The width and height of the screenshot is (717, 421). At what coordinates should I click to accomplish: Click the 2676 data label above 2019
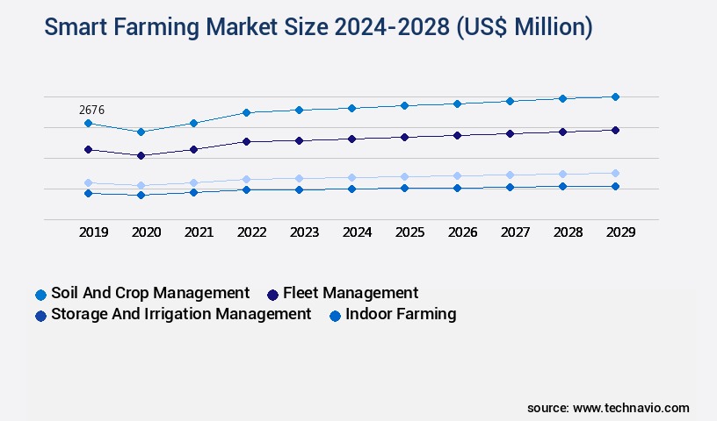92,110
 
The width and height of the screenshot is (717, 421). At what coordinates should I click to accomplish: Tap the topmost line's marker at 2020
141,132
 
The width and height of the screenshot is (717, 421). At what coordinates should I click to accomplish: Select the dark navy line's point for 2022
246,141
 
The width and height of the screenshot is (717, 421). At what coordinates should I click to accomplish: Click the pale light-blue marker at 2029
615,173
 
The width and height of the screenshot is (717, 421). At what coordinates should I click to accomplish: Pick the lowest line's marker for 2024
351,189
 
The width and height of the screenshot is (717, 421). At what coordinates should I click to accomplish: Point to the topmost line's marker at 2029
615,96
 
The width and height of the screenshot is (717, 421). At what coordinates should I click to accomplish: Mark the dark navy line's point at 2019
88,149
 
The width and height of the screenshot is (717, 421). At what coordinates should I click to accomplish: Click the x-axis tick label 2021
199,232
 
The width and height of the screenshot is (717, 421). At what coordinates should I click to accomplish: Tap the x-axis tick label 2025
409,232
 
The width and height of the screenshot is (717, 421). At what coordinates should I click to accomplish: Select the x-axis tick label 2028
568,232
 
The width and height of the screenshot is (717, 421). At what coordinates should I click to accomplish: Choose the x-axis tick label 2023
304,232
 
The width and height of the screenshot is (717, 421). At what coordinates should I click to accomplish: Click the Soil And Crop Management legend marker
40,295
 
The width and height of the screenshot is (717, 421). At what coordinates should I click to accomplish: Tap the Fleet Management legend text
350,293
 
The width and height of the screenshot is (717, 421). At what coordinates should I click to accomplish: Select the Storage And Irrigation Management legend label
181,314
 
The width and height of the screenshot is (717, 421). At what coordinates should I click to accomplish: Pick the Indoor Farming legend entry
401,314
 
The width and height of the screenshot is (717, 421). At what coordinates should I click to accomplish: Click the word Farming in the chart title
156,28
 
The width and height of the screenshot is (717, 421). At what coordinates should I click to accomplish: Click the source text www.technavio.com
631,408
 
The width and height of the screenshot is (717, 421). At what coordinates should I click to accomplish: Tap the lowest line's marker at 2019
88,193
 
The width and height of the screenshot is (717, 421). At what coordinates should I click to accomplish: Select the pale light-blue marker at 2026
457,175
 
